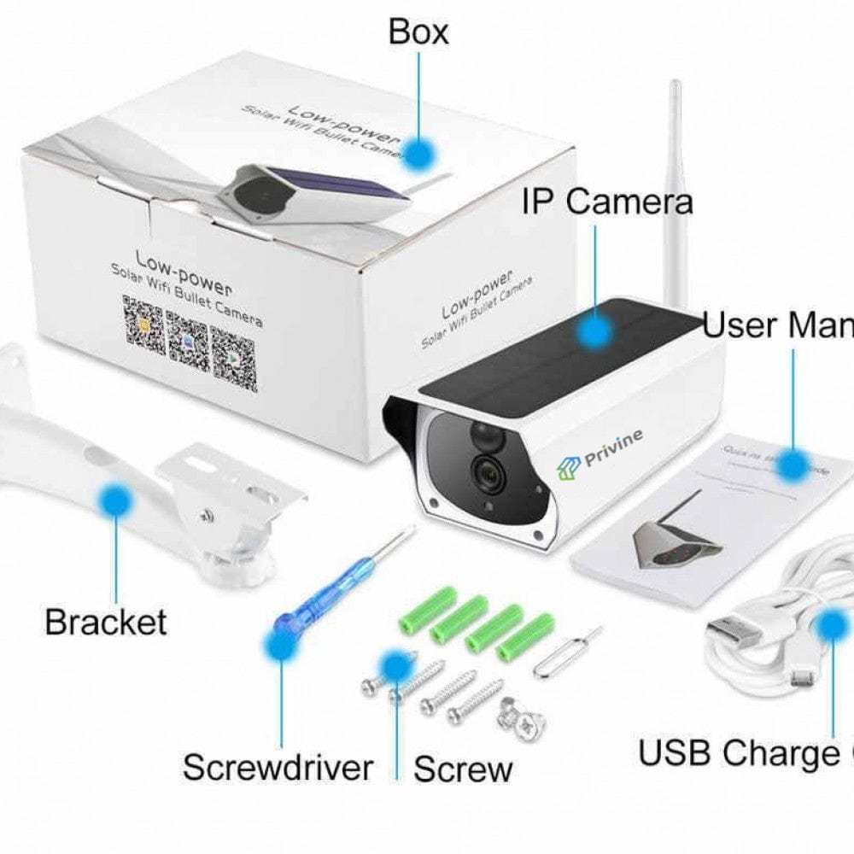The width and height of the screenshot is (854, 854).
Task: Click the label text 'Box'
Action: tap(418, 32)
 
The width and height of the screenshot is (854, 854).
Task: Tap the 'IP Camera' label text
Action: tap(607, 202)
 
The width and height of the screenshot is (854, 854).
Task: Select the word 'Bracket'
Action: tap(105, 621)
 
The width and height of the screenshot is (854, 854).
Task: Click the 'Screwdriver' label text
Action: tap(278, 767)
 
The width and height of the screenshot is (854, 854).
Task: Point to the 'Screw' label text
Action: tap(463, 769)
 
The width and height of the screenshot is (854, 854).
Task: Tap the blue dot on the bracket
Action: tap(113, 500)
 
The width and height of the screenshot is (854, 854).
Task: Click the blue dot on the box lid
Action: tap(419, 153)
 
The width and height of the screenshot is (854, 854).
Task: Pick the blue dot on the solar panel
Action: tap(593, 330)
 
